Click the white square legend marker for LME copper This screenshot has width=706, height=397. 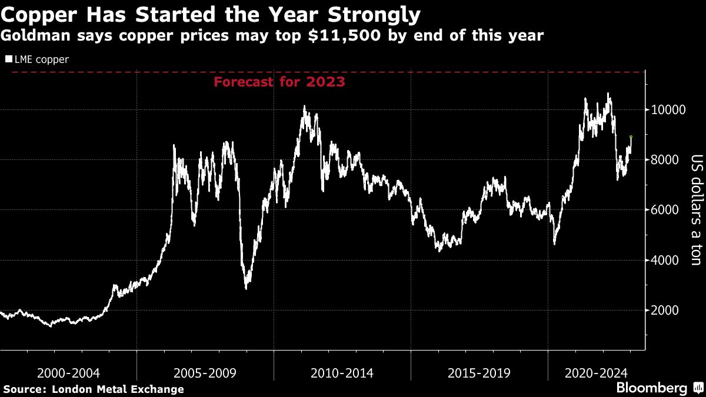click(x=8, y=59)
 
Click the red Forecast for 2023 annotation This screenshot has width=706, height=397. click(x=279, y=82)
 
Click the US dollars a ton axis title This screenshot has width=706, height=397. click(x=696, y=210)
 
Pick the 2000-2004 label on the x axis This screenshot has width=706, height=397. click(x=68, y=373)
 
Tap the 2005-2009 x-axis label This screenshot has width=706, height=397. click(x=205, y=373)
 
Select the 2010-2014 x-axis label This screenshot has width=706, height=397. click(x=342, y=373)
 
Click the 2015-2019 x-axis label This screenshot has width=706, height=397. click(x=479, y=373)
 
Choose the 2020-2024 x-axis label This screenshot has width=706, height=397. click(x=597, y=373)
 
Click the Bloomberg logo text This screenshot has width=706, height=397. click(x=651, y=388)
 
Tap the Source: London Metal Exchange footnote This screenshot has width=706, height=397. click(x=94, y=389)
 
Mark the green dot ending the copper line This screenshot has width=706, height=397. click(x=631, y=137)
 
